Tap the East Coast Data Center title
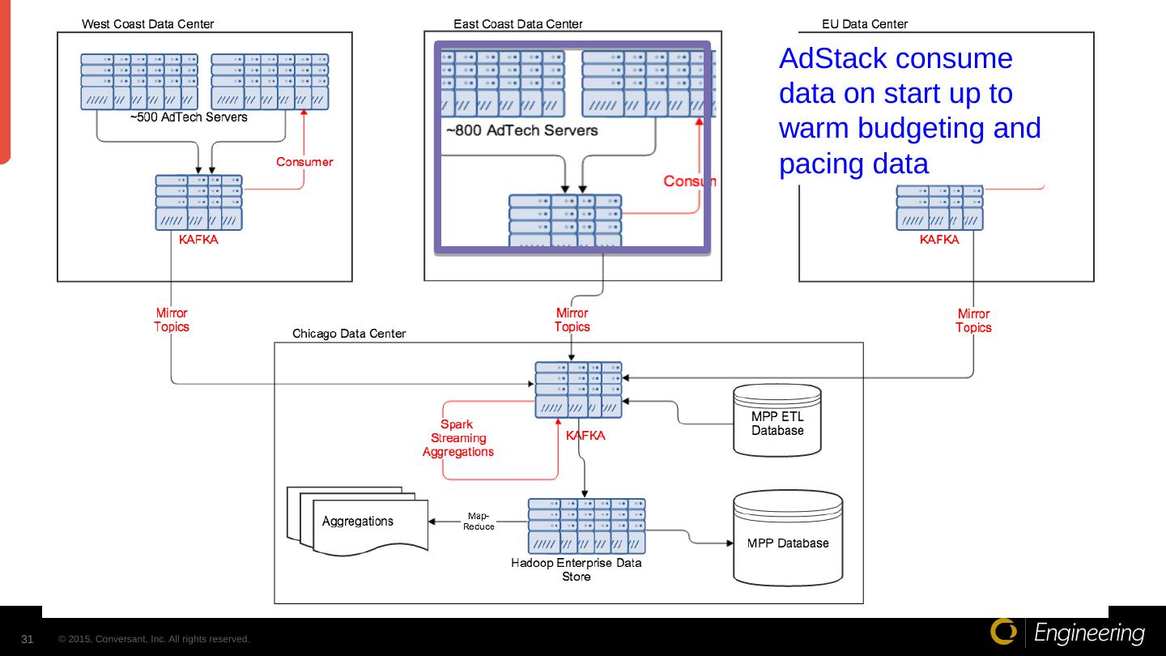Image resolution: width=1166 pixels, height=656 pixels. pos(518,24)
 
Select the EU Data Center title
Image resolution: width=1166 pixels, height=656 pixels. pos(865,24)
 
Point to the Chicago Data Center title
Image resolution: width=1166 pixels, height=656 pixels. pos(349,334)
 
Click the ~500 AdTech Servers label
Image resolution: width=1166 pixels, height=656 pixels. pos(189,117)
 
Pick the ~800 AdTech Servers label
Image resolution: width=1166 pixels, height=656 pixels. pos(522,130)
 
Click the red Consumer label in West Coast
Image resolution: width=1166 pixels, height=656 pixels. pos(304,162)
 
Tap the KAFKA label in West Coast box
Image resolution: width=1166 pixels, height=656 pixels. pos(198,240)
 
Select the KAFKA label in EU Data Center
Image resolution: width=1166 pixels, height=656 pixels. pos(939,240)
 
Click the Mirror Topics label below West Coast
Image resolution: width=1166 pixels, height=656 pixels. pos(172,320)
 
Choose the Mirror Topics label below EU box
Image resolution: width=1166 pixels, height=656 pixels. pos(973,321)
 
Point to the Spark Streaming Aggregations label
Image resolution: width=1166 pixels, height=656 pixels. pos(457,438)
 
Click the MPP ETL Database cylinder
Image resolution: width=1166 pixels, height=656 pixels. pos(777,421)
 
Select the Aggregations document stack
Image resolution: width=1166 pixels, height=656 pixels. pos(357,522)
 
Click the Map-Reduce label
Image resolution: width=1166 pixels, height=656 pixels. pos(479,521)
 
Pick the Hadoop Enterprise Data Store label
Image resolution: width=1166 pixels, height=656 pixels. pos(577,570)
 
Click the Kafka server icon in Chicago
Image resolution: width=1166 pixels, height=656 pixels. pos(578,390)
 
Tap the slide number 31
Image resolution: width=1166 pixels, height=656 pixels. pos(28,640)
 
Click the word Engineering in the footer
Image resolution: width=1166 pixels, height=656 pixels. pos(1090,633)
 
